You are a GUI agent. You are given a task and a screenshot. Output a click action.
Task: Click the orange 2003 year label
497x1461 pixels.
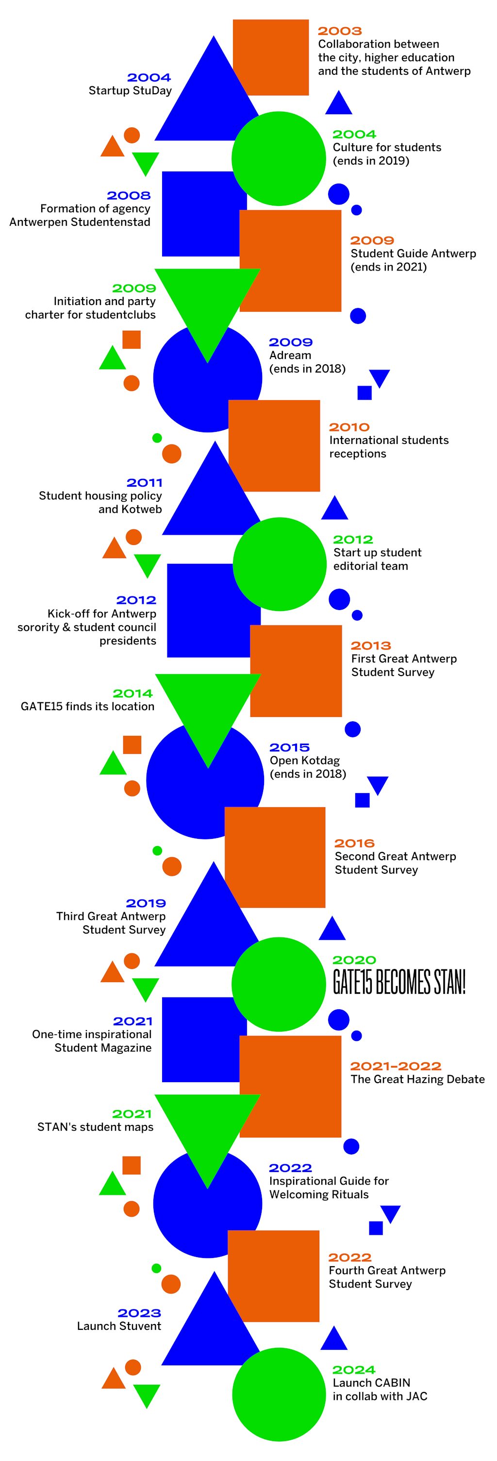(x=339, y=31)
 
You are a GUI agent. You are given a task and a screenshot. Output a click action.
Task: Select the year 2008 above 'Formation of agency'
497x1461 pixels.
(x=129, y=196)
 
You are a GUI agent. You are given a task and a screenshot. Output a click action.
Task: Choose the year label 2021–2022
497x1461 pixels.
(x=395, y=1066)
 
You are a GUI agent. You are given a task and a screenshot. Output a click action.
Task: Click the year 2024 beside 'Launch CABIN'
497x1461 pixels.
(x=354, y=1370)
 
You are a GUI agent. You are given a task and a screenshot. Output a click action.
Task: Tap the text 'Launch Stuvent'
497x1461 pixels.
(x=119, y=1326)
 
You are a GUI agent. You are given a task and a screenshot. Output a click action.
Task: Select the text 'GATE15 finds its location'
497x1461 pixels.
(x=87, y=707)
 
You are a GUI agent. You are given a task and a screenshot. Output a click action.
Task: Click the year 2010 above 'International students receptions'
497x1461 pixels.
(x=349, y=427)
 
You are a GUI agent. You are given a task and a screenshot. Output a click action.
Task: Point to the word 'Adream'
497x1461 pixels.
(x=290, y=356)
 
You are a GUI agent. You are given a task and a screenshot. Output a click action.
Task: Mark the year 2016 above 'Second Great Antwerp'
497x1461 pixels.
(x=354, y=843)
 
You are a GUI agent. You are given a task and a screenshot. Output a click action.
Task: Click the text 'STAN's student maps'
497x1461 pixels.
(x=95, y=1127)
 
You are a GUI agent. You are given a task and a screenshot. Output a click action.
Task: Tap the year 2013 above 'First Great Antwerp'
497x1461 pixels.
(x=371, y=646)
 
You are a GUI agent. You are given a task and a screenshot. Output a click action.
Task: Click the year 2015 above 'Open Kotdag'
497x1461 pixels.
(x=290, y=747)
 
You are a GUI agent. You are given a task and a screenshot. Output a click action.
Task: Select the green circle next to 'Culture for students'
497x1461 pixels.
(x=279, y=158)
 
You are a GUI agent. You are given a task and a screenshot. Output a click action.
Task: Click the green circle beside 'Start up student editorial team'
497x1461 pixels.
(x=280, y=564)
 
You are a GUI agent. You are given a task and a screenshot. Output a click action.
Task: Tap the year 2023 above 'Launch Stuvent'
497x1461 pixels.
(x=139, y=1313)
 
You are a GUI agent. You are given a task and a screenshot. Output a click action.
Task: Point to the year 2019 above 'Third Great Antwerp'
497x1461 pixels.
(x=146, y=903)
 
